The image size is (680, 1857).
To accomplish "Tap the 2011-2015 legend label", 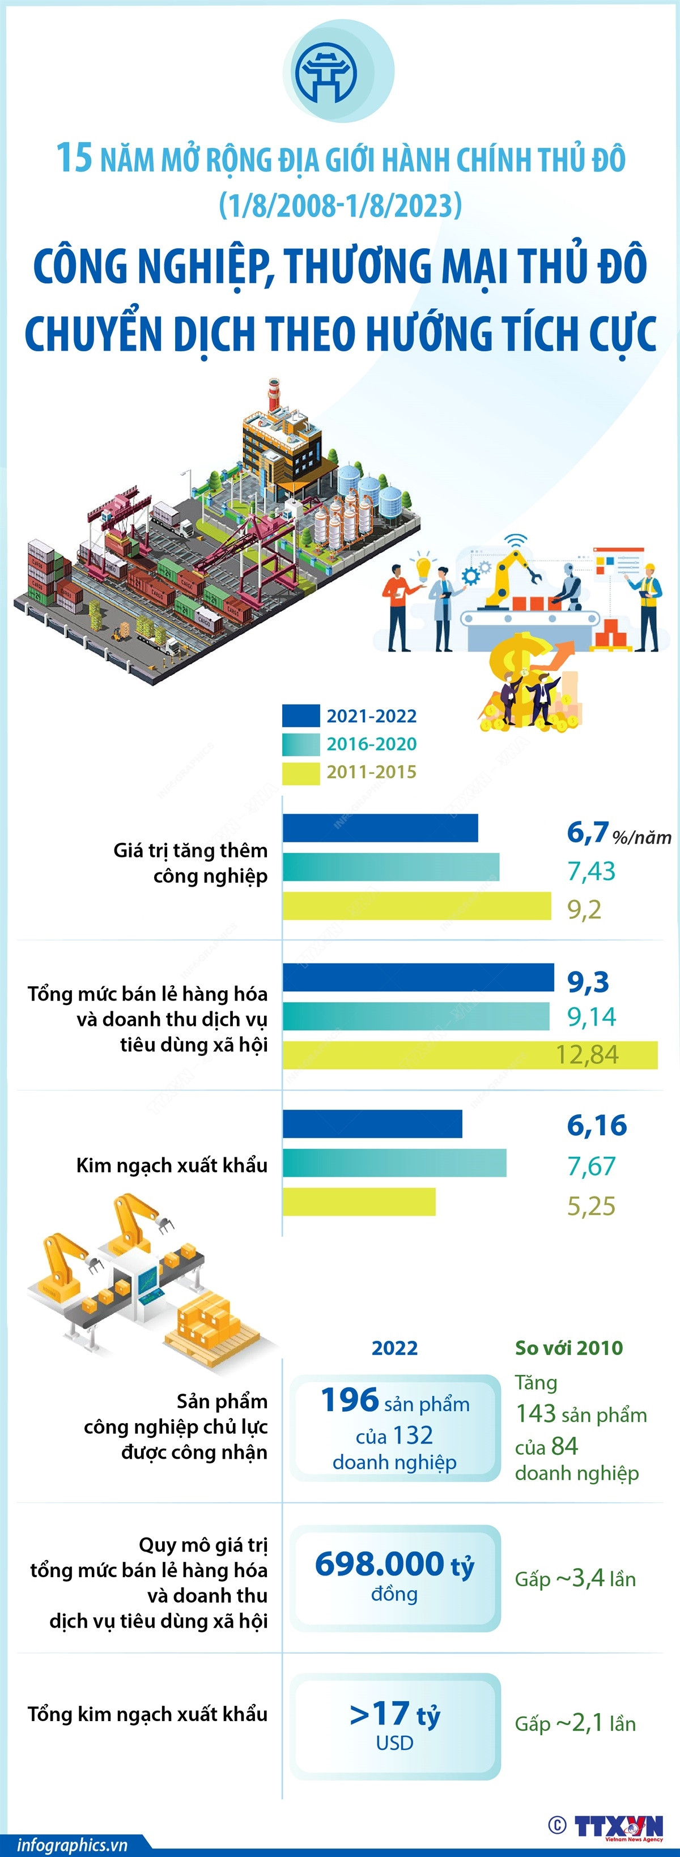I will pos(371,772).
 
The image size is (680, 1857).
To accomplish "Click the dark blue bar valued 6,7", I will pos(380,828).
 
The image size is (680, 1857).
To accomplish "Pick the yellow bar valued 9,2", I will pos(416,906).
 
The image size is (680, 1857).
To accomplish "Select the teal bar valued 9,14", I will pos(415,1016).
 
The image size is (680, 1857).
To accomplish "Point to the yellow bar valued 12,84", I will pos(469,1055).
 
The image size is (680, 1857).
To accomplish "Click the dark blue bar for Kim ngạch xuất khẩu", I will pos(372,1124).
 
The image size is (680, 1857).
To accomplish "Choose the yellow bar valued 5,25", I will pos(359,1202).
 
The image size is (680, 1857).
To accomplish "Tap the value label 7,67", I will pos(591,1166).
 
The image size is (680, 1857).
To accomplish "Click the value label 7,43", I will pos(591,871).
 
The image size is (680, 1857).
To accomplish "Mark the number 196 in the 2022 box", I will pos(350,1400).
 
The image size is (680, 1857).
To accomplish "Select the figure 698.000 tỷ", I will pos(394,1564).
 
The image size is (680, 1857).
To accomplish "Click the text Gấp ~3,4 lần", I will pos(575,1579).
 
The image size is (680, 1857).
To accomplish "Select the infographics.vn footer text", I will pos(72,1845).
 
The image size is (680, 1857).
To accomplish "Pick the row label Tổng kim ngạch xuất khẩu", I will pos(147,1714).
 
